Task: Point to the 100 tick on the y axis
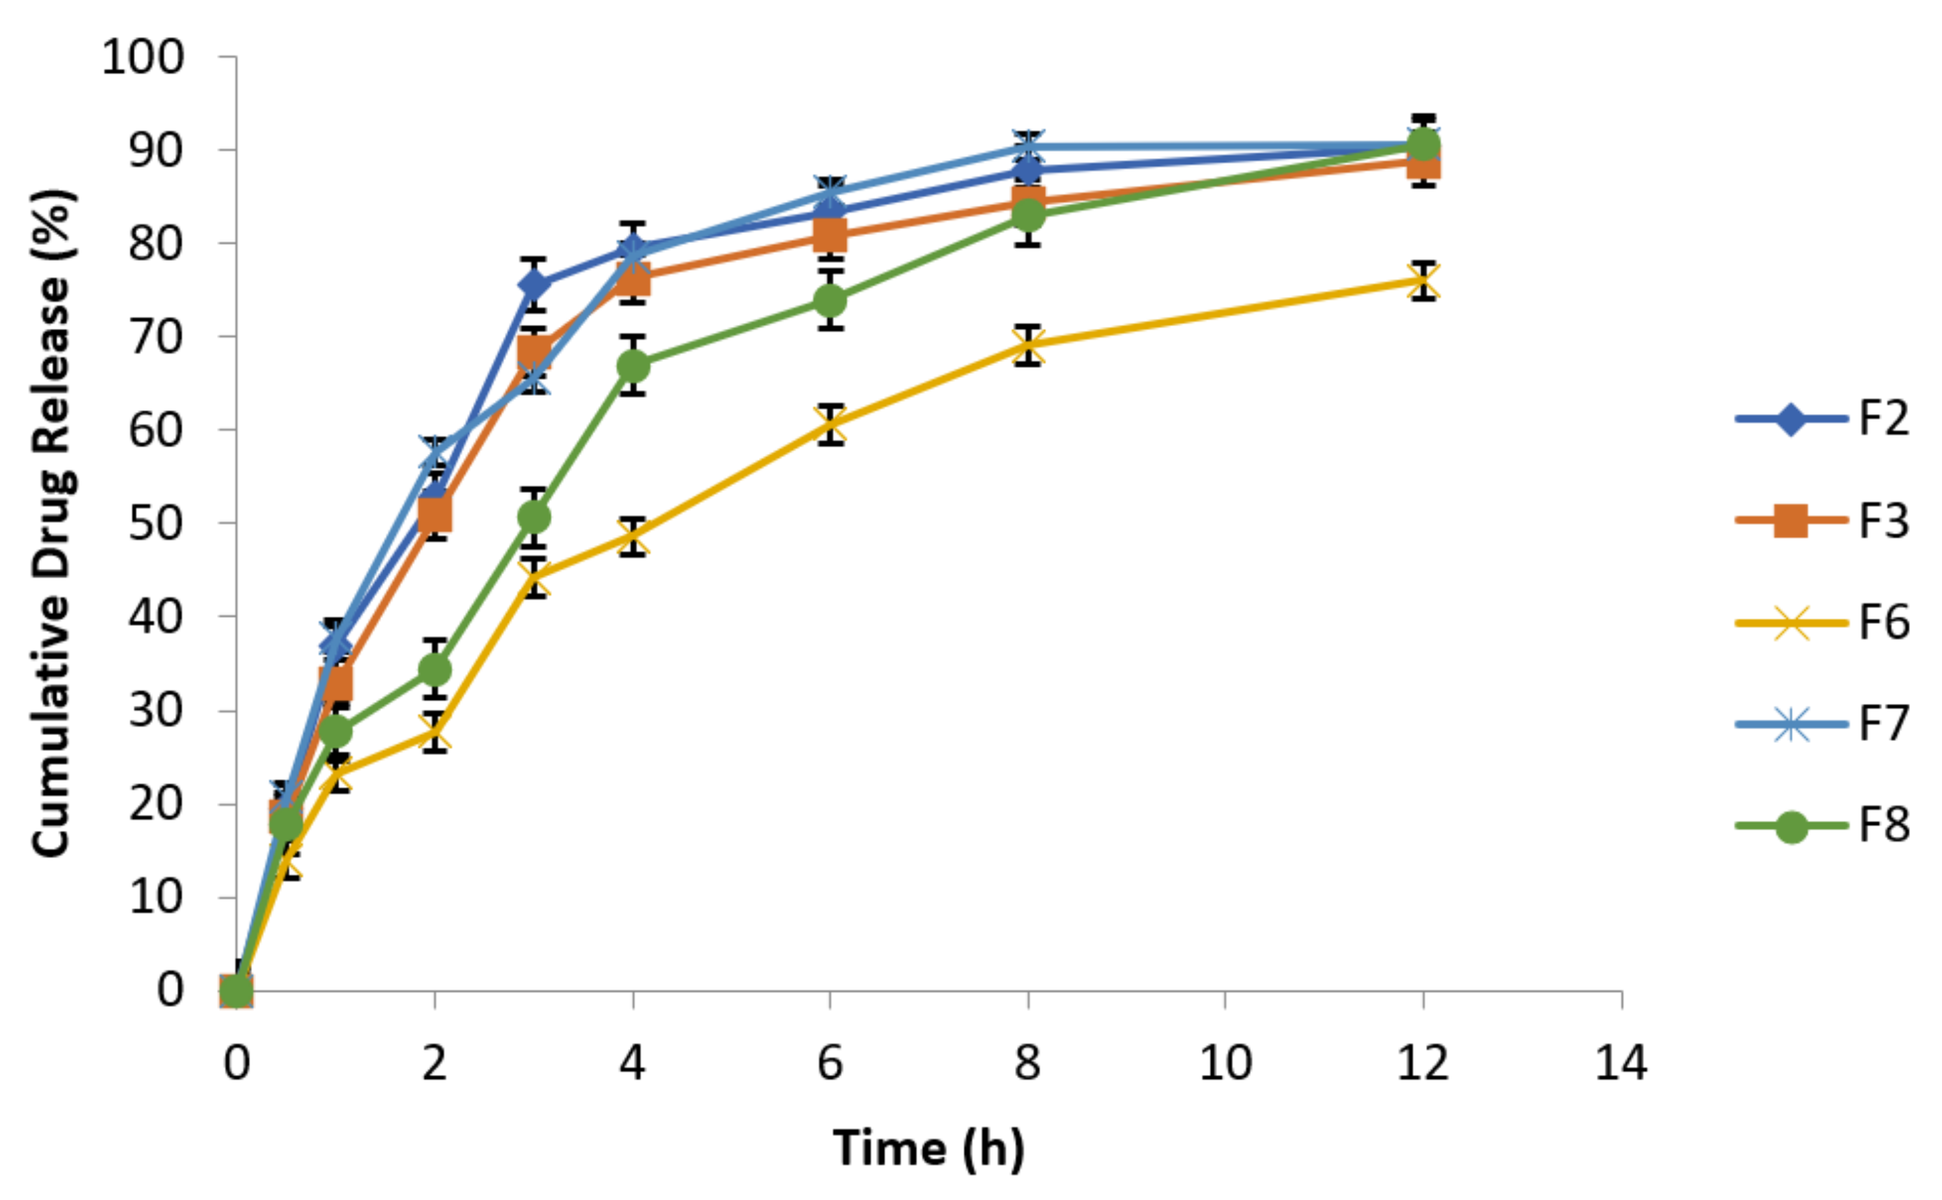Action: click(143, 57)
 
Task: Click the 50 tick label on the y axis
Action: click(156, 523)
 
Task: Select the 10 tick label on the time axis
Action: click(1225, 1063)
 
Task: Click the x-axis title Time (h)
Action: click(928, 1149)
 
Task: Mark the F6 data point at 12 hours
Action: click(1423, 281)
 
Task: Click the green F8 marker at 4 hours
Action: click(633, 366)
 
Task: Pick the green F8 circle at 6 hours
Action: click(831, 300)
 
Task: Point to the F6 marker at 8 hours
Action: click(1028, 345)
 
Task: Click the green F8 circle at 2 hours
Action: click(435, 670)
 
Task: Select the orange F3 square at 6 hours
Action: click(831, 234)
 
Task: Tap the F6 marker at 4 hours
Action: click(633, 537)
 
